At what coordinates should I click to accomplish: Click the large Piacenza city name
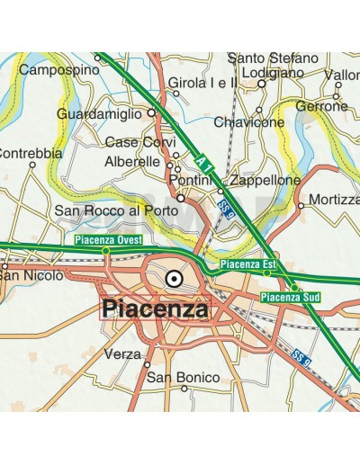point(155,309)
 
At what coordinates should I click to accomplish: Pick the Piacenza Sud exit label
point(290,296)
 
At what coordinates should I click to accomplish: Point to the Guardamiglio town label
point(99,114)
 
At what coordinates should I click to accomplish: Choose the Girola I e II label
point(202,83)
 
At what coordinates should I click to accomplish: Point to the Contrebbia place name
point(31,154)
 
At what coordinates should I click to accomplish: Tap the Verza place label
point(122,353)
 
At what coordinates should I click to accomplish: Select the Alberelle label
point(132,162)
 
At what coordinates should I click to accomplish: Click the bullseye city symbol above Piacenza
point(175,279)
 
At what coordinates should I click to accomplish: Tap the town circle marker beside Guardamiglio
point(151,113)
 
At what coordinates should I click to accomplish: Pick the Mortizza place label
point(333,198)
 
